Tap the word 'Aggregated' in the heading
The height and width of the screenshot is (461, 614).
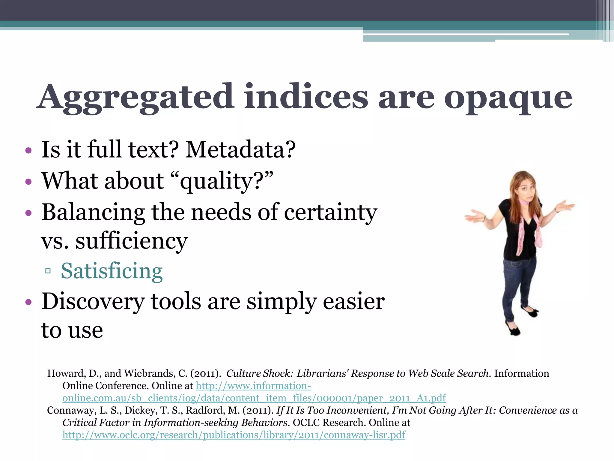pos(136,98)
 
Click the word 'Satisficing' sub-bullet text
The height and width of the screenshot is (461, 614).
pos(112,271)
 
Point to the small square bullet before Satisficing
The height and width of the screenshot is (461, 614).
pos(48,271)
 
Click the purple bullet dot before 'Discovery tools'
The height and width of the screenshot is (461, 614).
pos(28,302)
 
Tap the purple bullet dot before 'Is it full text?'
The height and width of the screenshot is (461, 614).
pos(28,150)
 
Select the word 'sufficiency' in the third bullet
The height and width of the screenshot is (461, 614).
pos(131,241)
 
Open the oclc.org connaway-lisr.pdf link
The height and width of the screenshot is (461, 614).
pos(234,435)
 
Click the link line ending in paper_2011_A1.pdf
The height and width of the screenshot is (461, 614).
pos(254,398)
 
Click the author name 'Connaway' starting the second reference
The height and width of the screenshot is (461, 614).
pos(70,410)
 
